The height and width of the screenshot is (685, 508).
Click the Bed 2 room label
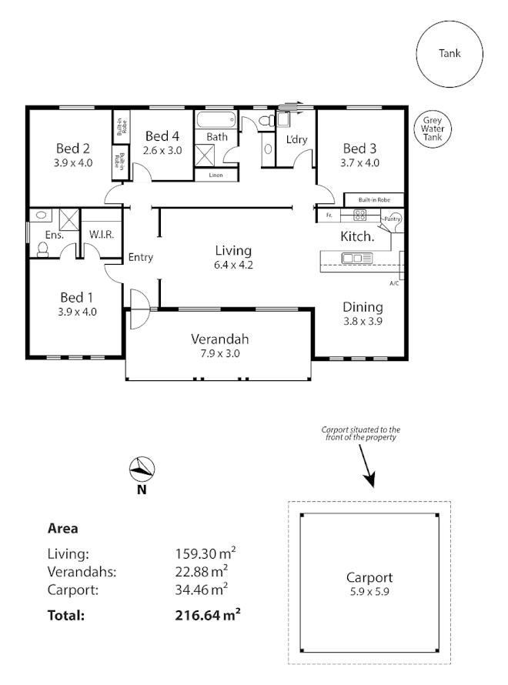74,149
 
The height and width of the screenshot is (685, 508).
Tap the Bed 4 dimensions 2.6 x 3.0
163,150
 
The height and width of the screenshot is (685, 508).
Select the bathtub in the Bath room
216,120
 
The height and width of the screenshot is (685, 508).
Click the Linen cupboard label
216,175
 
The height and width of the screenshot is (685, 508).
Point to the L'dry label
296,140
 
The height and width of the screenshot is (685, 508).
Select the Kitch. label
357,237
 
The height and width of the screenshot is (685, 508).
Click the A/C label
393,283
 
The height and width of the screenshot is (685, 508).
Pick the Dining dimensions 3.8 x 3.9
362,321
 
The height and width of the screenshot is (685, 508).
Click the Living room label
233,251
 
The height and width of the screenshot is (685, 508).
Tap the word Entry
140,257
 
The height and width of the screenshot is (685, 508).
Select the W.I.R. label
101,234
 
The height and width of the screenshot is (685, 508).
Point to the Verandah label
219,339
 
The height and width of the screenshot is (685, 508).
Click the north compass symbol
142,468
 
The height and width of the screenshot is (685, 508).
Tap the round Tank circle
450,54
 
